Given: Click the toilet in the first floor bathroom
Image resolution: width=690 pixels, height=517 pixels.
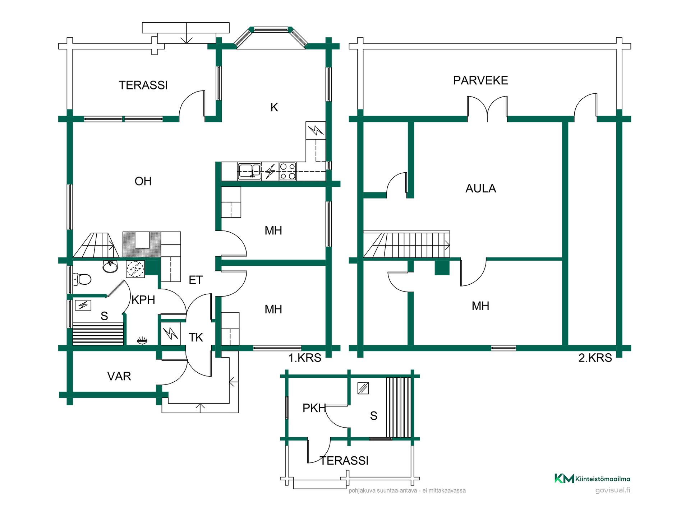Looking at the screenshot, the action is click(82, 279).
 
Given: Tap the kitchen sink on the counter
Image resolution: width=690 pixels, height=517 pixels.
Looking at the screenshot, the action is click(249, 171).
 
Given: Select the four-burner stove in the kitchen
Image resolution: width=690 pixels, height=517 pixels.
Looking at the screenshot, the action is click(287, 171).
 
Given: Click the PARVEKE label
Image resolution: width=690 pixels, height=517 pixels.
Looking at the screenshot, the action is click(480, 80).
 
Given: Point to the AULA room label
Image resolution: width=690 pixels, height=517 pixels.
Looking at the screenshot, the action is click(480, 188).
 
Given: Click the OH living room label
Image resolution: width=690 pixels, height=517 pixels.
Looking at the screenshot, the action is click(143, 181).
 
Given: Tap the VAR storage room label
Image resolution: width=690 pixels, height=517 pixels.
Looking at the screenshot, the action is click(119, 376).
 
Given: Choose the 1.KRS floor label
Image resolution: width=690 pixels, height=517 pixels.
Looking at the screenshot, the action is click(305, 358).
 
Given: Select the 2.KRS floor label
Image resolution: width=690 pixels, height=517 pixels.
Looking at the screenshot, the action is click(595, 358).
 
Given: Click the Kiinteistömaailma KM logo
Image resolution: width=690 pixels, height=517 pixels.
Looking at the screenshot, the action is click(592, 479).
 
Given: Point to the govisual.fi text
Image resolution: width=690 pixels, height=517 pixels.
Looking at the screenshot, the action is click(613, 490).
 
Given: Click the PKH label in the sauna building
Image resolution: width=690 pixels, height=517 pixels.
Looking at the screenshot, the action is click(314, 408).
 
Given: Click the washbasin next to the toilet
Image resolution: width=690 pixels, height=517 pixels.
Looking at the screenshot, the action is click(110, 266).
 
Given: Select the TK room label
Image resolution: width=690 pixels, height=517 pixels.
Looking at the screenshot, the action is click(196, 337).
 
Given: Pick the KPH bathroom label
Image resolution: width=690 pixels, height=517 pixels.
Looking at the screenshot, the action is click(143, 300).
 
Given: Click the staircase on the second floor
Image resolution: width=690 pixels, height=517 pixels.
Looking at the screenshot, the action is click(406, 244).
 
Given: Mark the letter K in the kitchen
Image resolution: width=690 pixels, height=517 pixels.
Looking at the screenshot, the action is click(274, 107).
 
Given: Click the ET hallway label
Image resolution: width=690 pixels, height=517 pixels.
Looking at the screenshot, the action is click(196, 280).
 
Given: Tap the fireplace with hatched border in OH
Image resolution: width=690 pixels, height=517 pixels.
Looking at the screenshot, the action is click(142, 244).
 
